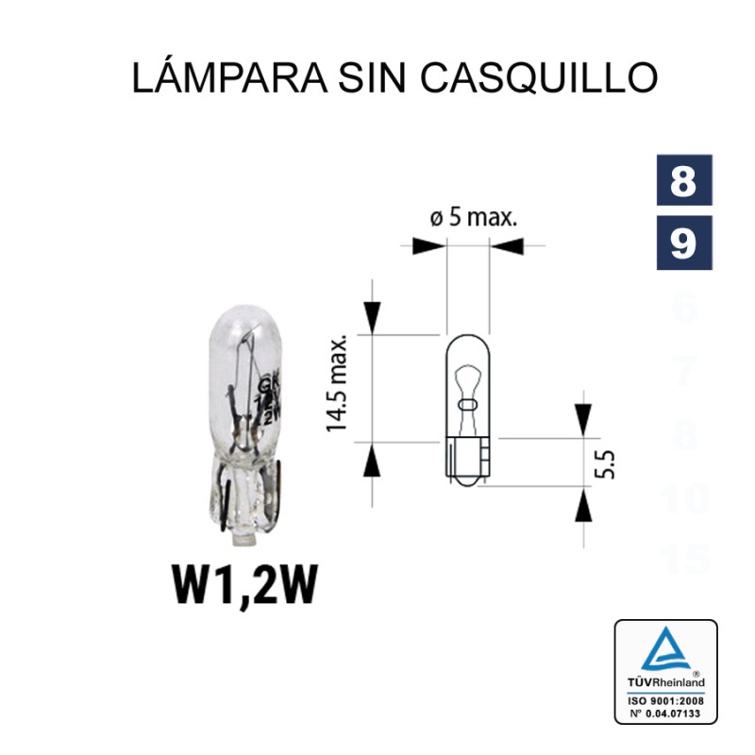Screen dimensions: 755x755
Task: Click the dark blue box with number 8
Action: pyautogui.click(x=683, y=182)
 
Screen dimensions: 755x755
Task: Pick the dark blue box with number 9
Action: pyautogui.click(x=683, y=244)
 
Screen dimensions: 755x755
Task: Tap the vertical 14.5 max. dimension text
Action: pyautogui.click(x=339, y=382)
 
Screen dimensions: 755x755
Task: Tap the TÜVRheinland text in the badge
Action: pyautogui.click(x=665, y=681)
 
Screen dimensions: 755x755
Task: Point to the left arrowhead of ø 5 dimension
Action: pyautogui.click(x=429, y=247)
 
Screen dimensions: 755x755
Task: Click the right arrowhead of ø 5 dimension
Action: pyautogui.click(x=506, y=247)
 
